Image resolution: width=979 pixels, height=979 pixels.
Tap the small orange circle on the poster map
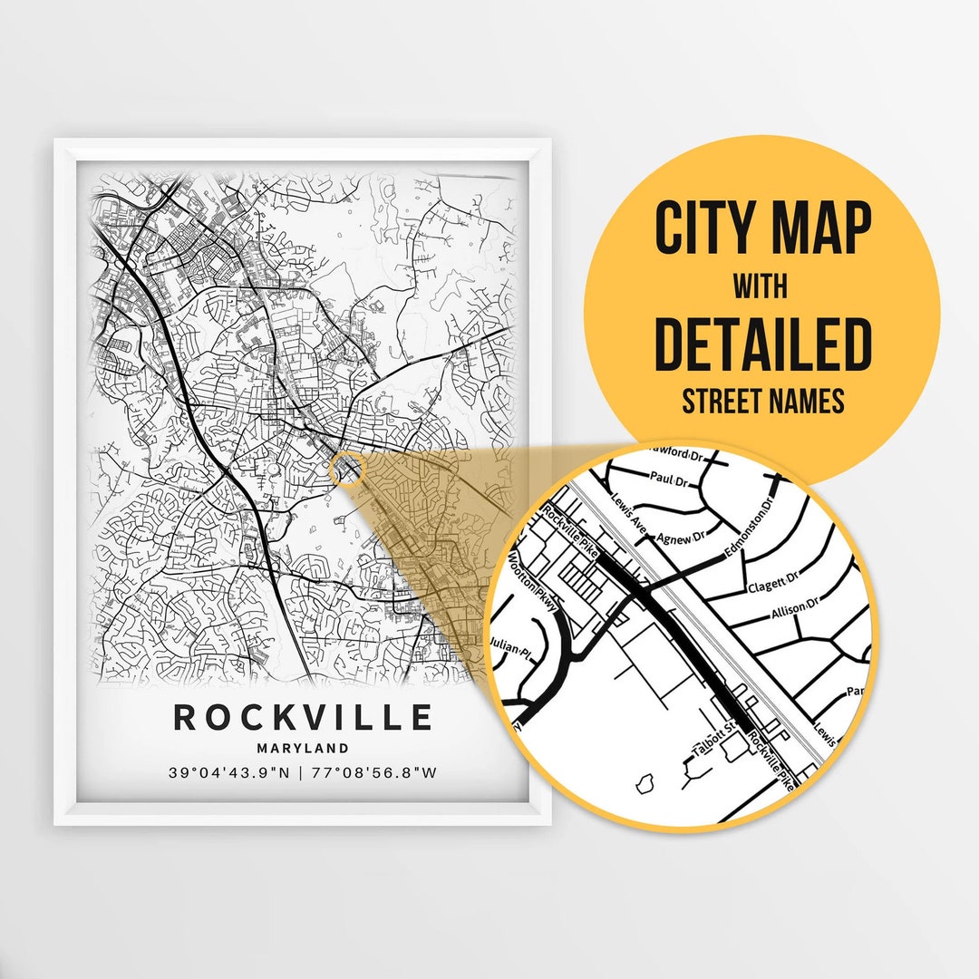348,469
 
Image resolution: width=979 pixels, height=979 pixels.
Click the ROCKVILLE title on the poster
303,717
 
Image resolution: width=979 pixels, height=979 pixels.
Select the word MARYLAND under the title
303,749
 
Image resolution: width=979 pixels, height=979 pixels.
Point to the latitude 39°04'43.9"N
228,773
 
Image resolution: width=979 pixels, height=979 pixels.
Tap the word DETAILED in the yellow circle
762,344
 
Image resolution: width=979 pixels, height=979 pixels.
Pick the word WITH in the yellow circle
761,287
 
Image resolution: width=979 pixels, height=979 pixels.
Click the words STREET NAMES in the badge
762,401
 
